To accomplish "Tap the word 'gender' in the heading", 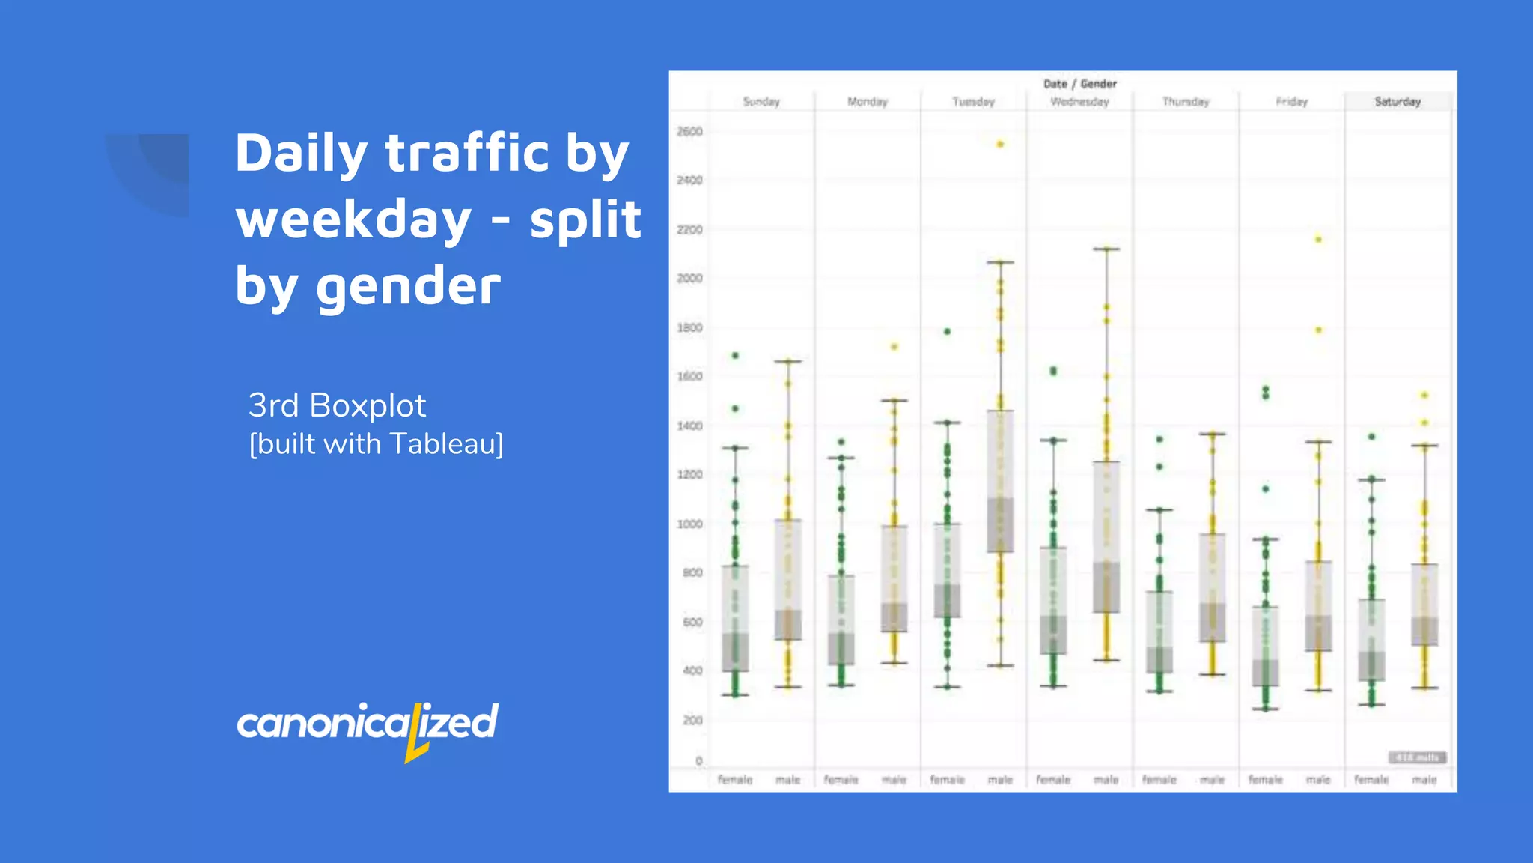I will click(x=408, y=286).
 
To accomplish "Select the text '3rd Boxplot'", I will click(x=337, y=405).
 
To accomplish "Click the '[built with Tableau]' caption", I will click(x=376, y=444).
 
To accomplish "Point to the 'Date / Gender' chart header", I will click(x=1079, y=84).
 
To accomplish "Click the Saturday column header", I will click(x=1398, y=102).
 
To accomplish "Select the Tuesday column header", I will click(x=973, y=102).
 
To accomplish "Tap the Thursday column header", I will click(x=1186, y=102).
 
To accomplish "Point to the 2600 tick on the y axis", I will click(x=689, y=132).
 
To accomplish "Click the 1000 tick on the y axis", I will click(x=689, y=524).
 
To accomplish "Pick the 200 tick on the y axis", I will click(x=692, y=720).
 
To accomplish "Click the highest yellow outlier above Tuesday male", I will click(x=1000, y=144).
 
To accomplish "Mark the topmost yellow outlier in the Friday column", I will click(x=1318, y=240).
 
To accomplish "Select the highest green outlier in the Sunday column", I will click(x=735, y=356).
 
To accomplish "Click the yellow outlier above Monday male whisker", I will click(x=894, y=347).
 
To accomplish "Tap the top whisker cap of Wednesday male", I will click(x=1106, y=249).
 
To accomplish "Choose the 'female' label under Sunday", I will click(x=735, y=780).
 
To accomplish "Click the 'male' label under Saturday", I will click(x=1424, y=780).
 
